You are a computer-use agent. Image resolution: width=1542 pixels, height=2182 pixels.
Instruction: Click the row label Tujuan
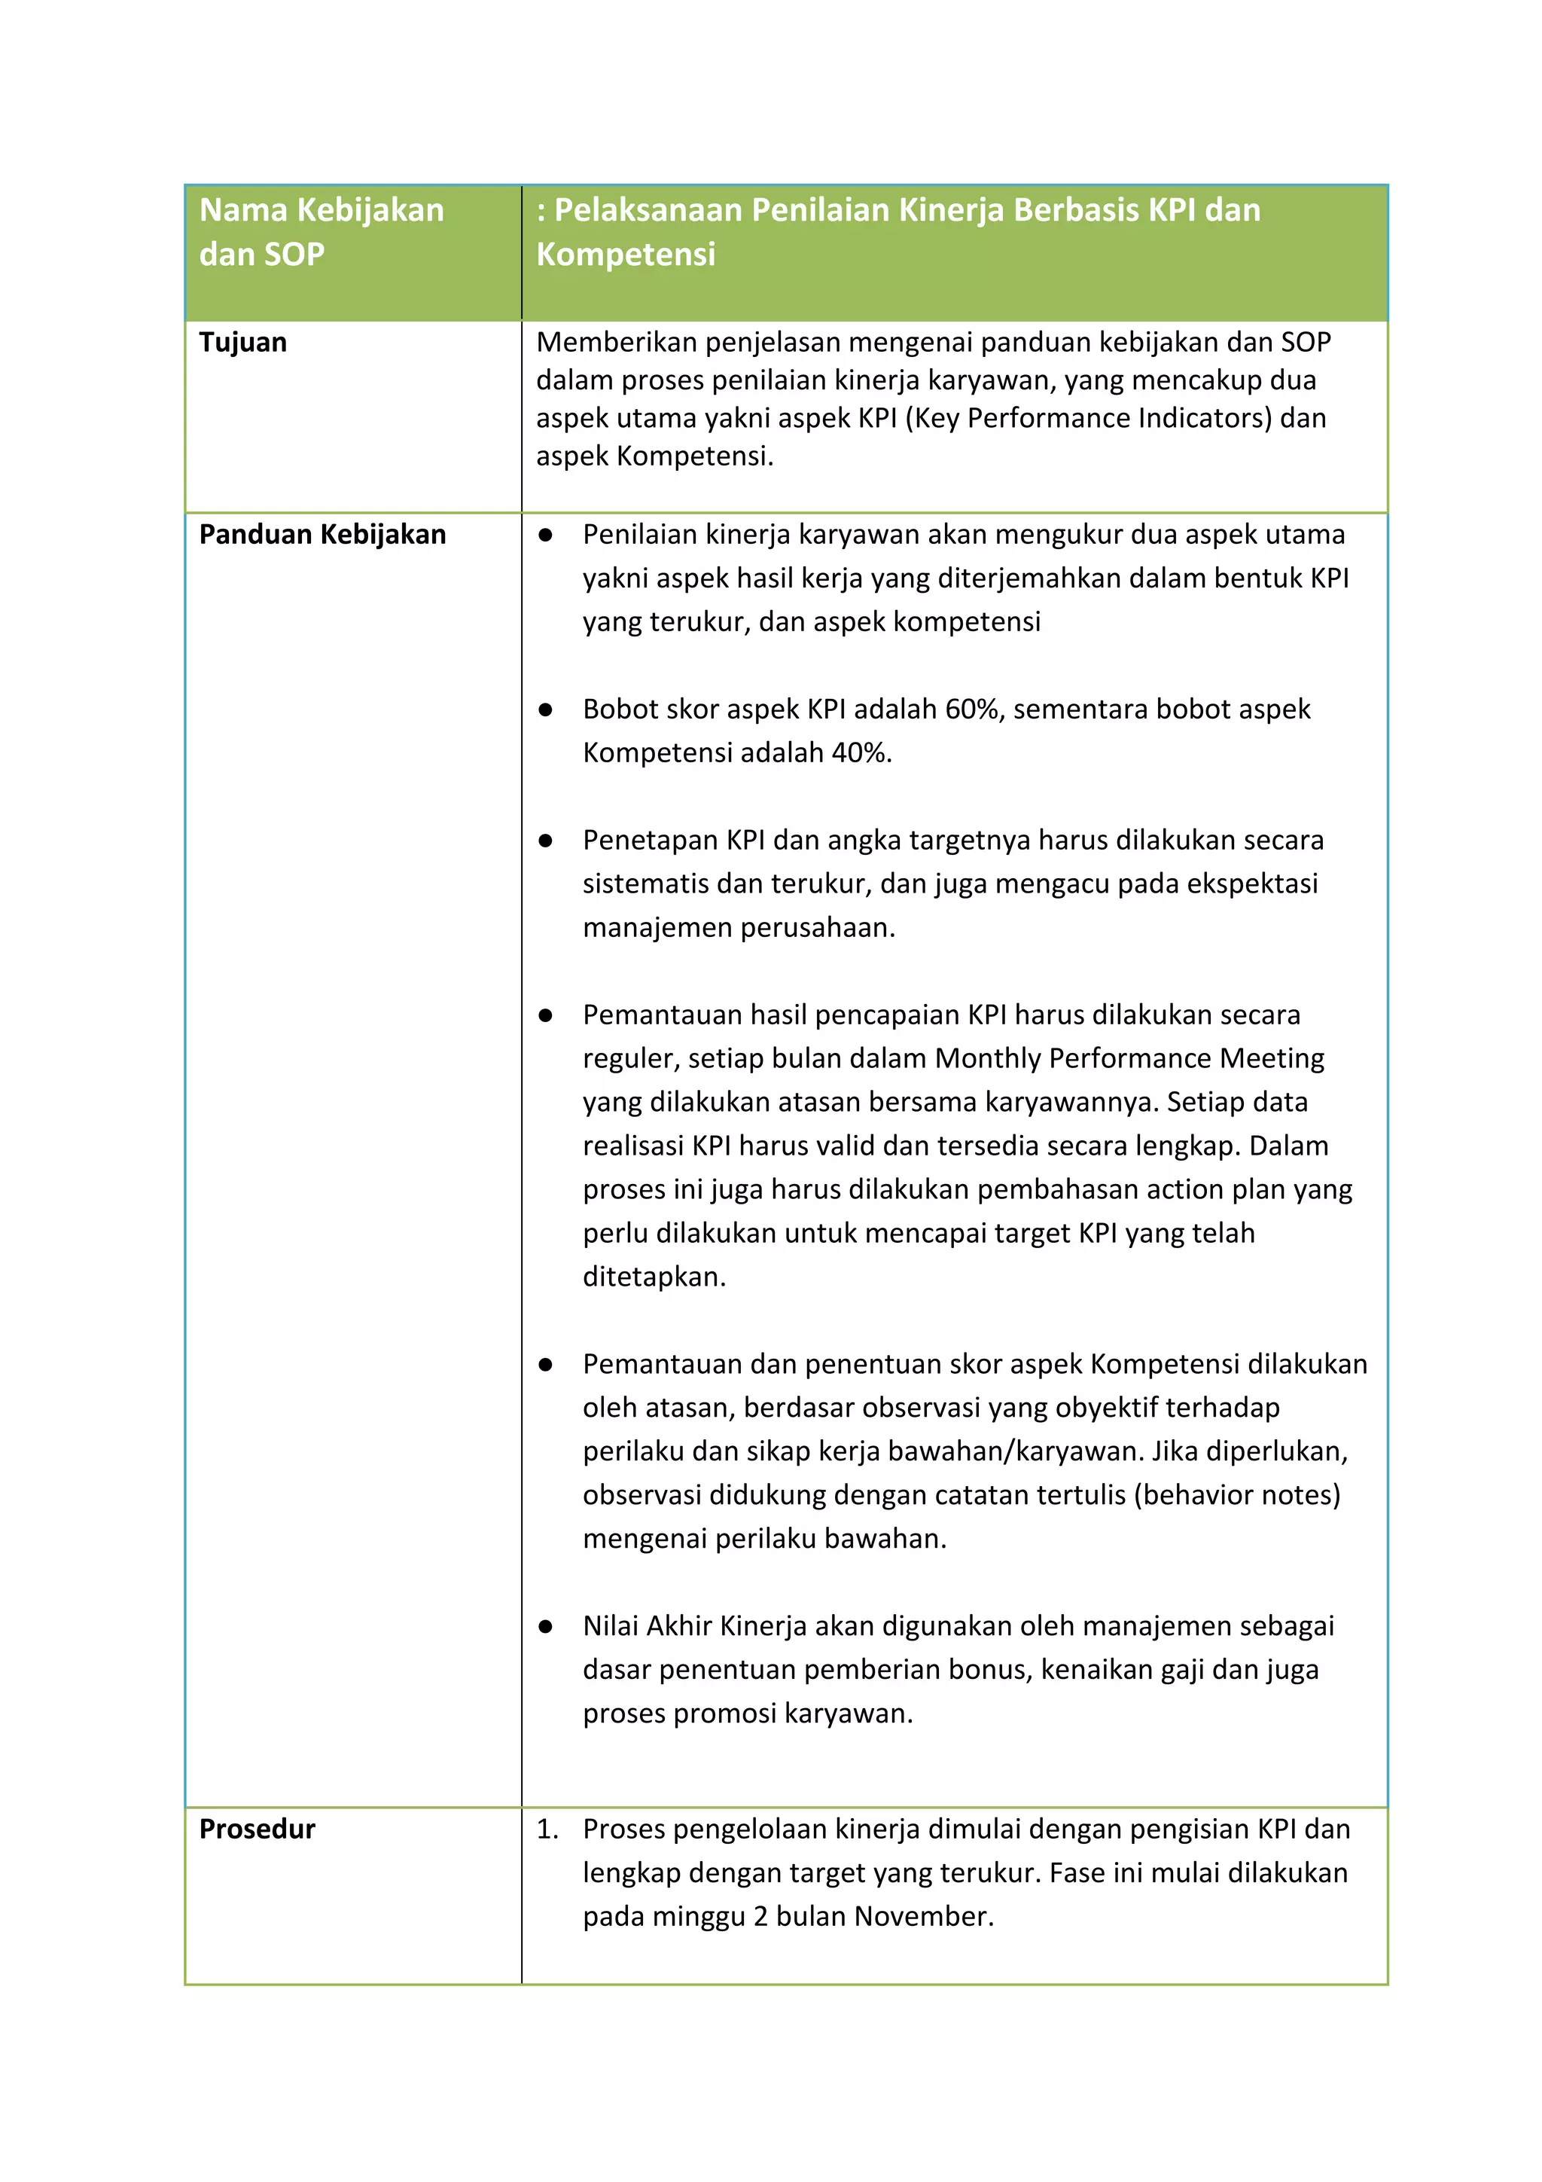242,342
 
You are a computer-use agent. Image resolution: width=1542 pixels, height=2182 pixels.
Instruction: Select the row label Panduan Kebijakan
322,534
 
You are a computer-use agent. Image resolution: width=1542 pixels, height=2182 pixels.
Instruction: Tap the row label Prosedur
257,1829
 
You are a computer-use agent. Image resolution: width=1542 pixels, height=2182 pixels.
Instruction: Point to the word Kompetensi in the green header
625,255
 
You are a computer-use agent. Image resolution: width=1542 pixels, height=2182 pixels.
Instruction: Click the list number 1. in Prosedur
547,1829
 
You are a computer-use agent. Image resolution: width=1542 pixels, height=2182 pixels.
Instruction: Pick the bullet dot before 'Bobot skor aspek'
545,710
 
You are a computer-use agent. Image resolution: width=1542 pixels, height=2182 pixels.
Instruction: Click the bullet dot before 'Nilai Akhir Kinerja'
545,1627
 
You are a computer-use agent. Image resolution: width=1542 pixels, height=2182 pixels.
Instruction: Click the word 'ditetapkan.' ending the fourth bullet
654,1277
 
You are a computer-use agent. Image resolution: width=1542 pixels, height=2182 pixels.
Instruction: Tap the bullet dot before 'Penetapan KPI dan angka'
545,841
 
